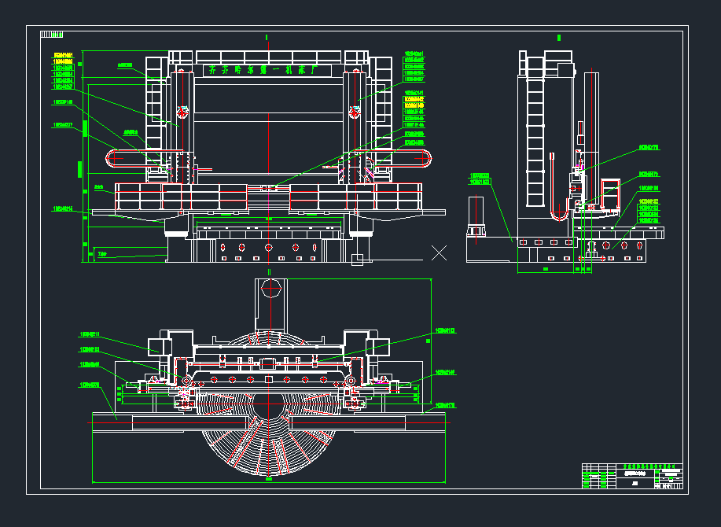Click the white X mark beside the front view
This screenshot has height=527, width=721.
(440, 252)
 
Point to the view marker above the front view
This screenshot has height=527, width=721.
(267, 37)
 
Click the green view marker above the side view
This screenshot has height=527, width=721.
(558, 37)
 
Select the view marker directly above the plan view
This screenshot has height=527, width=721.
(269, 271)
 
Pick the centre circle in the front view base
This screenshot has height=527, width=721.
(268, 247)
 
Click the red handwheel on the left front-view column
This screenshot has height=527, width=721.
(182, 112)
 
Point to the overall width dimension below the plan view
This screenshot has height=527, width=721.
(269, 479)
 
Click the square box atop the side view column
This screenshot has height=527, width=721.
(565, 69)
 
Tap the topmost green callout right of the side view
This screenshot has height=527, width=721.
(648, 147)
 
